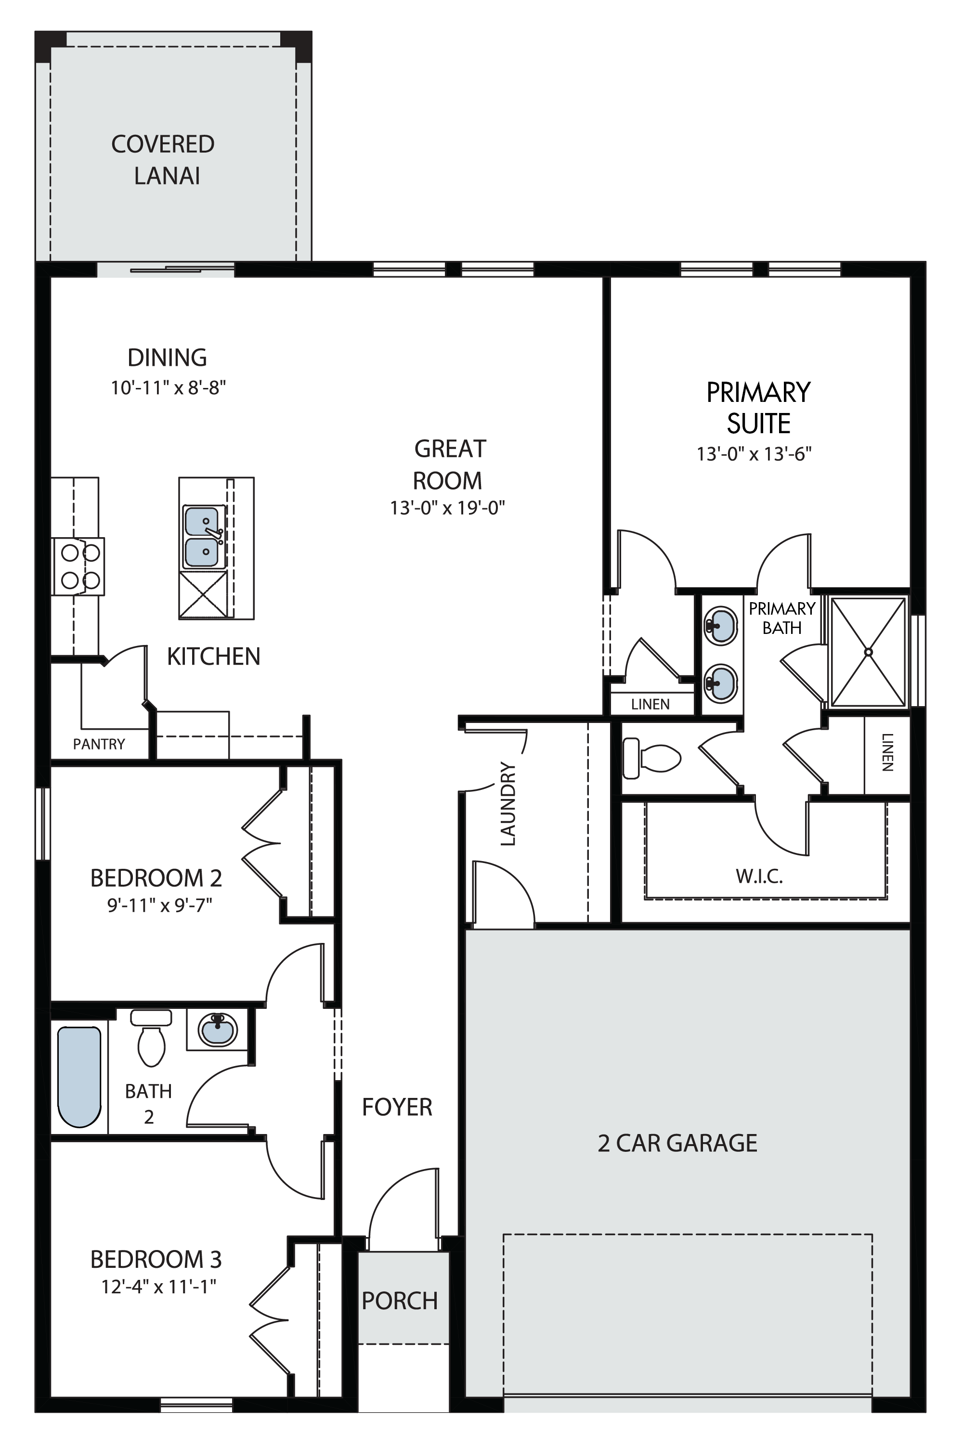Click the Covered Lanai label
coord(163,160)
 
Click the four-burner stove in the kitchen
coord(78,566)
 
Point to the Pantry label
coord(99,744)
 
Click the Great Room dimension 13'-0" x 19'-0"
coord(448,508)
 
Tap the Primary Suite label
coord(758,408)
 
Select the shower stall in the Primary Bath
coord(868,651)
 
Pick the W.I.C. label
coord(759,876)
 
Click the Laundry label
coord(508,804)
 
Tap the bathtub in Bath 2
coord(79,1077)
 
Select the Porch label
coord(400,1301)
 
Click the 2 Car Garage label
coord(677,1143)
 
